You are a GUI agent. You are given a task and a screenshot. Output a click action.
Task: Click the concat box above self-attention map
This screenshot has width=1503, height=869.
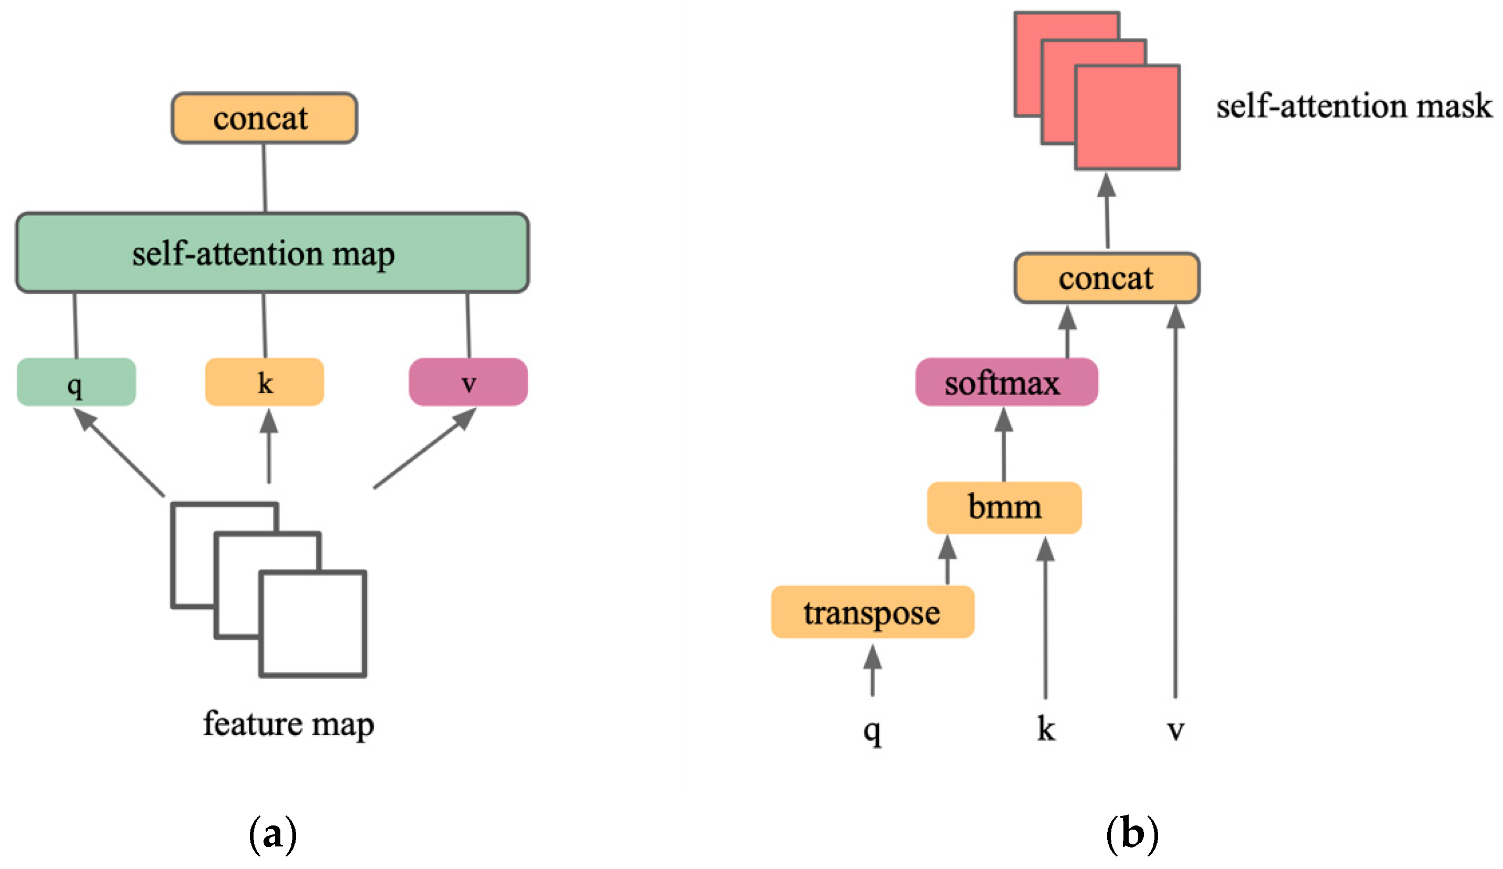click(264, 118)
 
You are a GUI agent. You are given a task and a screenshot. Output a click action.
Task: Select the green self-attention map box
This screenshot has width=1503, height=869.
click(272, 253)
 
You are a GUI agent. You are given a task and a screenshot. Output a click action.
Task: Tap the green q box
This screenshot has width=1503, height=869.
click(76, 382)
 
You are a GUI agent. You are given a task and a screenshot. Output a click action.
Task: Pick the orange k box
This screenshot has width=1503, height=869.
click(264, 382)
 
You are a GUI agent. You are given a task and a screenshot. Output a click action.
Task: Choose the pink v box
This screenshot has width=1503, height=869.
click(468, 382)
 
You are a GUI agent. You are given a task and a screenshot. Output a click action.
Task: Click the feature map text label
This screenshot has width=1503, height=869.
click(289, 724)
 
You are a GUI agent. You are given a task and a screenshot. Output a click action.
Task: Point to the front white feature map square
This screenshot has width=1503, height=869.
click(313, 624)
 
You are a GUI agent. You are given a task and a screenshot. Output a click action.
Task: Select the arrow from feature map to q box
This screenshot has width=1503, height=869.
click(119, 453)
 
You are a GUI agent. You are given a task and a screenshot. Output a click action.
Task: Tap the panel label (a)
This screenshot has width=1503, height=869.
click(272, 834)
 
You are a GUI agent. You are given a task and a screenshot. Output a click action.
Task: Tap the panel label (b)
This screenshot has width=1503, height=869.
click(1132, 834)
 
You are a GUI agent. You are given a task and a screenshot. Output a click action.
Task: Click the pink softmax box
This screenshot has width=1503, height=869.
click(1007, 382)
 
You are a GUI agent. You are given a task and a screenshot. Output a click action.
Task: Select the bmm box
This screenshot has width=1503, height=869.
click(1004, 507)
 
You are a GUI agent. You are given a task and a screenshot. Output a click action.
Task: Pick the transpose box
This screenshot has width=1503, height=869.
click(873, 612)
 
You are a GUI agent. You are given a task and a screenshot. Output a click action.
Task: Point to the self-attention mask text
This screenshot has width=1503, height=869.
click(1354, 106)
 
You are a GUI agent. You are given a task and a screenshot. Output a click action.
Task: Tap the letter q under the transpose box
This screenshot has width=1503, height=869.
click(872, 729)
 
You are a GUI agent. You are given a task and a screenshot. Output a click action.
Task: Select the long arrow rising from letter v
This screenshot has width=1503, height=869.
click(1175, 506)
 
